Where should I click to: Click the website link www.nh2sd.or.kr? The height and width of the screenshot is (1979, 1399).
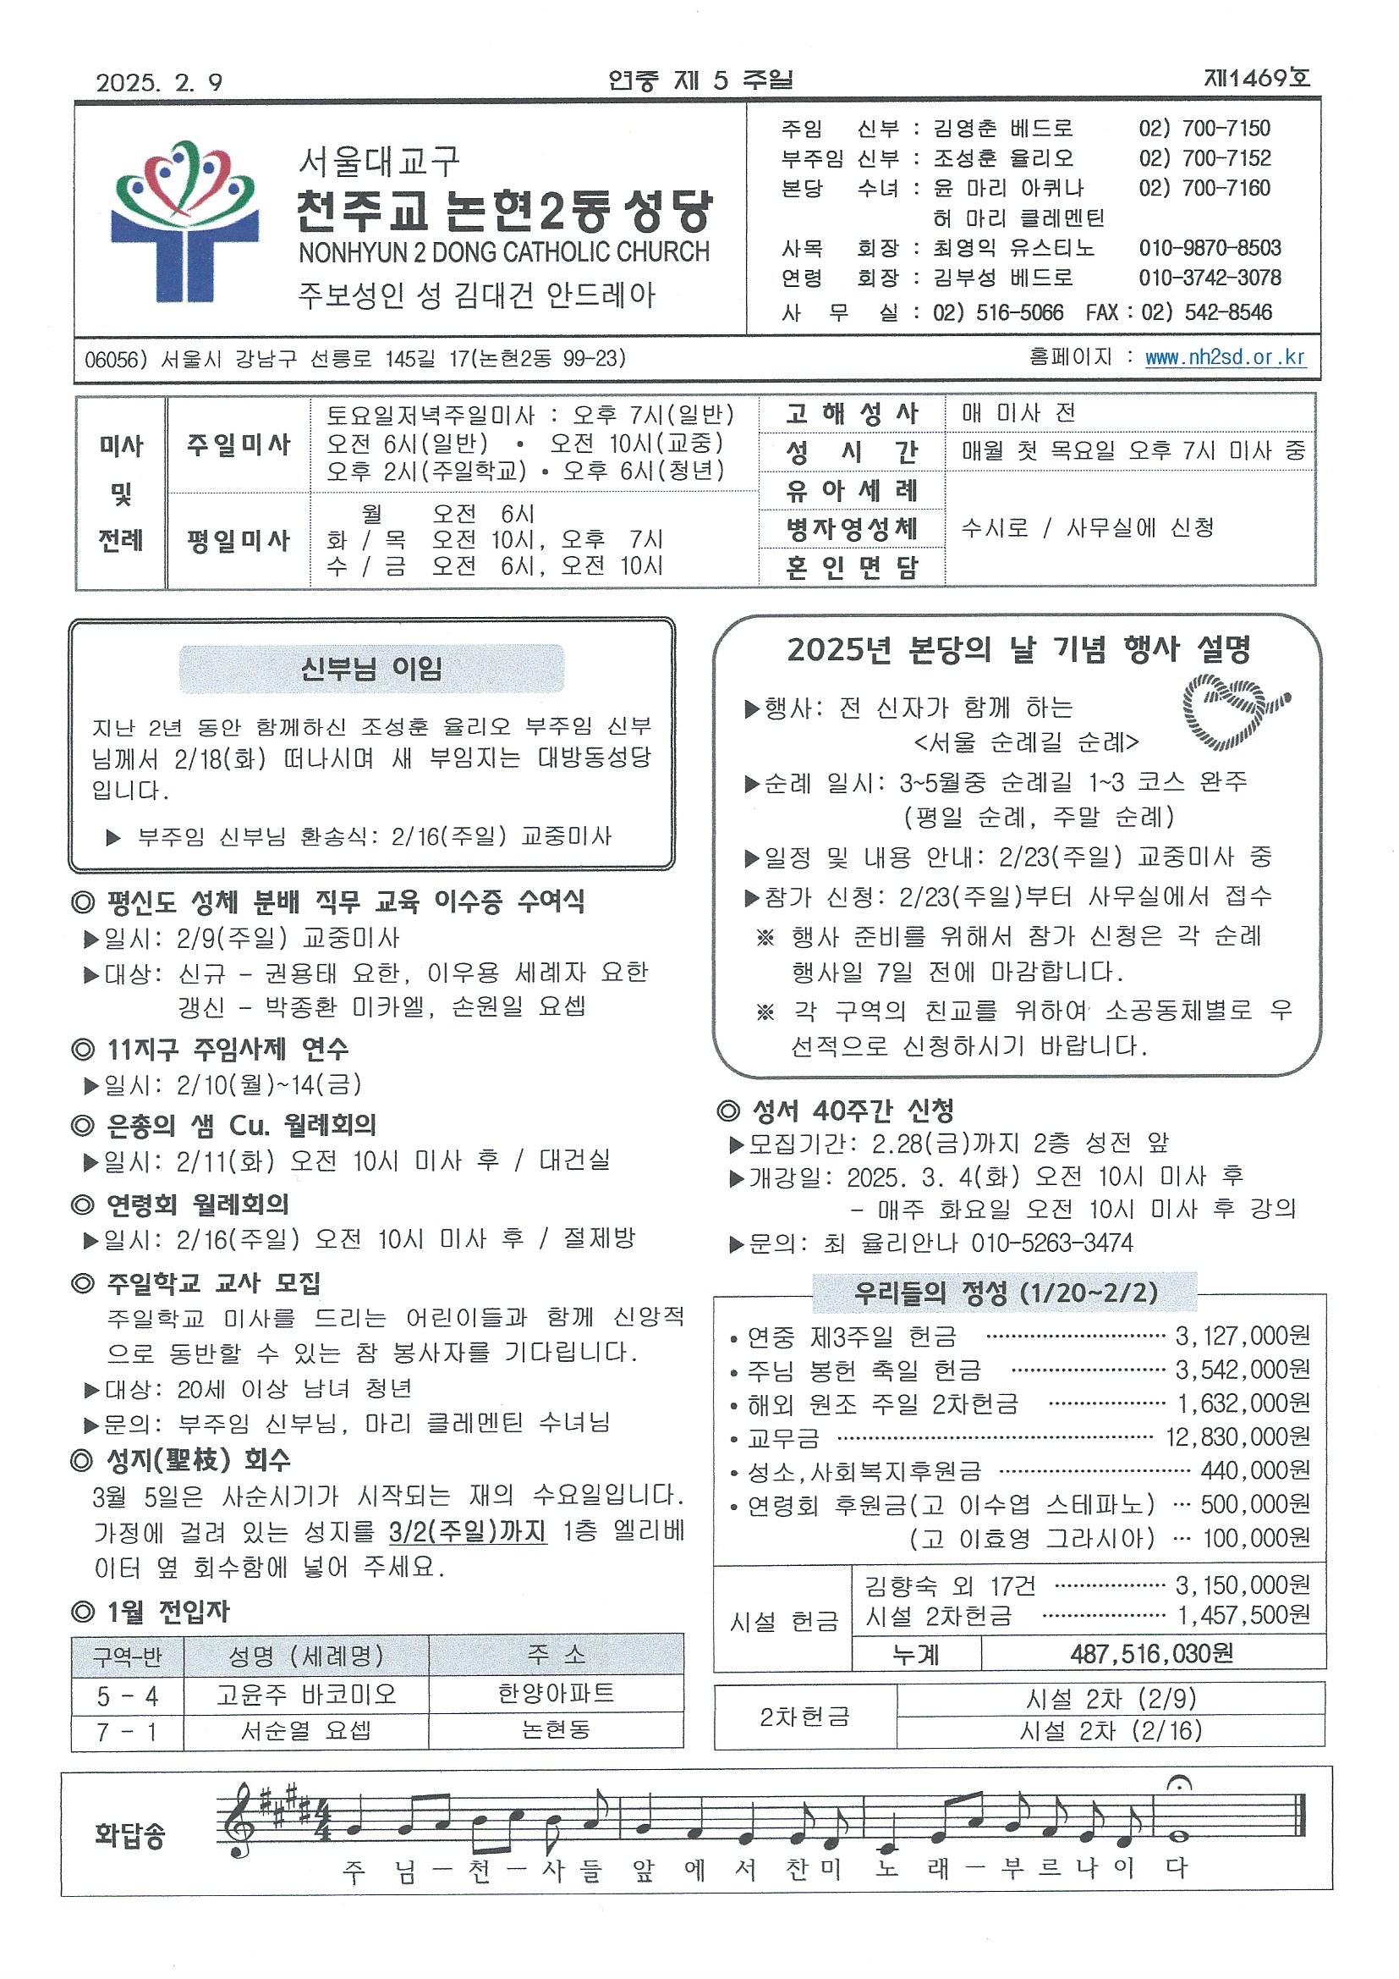(1225, 358)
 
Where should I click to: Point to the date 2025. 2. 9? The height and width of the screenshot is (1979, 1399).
(159, 82)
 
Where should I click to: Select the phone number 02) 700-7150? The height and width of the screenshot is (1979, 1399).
(1204, 129)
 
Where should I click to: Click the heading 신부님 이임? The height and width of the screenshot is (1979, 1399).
(371, 668)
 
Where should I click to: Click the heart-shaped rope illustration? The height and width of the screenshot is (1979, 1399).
(1235, 710)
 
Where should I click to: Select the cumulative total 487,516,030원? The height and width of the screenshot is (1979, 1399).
(1152, 1653)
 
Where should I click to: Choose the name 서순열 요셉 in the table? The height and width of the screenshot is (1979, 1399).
(306, 1731)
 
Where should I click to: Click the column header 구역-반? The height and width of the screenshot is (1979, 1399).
(128, 1655)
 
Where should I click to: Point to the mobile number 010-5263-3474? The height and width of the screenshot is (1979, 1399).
(1052, 1243)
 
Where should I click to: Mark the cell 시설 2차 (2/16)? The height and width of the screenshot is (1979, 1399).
(1110, 1731)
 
